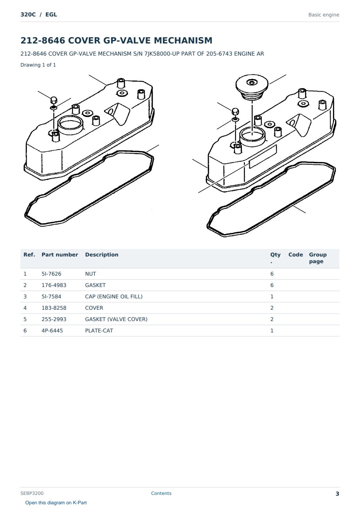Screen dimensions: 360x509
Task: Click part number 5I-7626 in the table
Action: pyautogui.click(x=51, y=274)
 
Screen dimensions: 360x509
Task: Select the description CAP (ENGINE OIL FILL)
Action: pyautogui.click(x=114, y=296)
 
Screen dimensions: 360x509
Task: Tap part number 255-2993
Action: pyautogui.click(x=54, y=319)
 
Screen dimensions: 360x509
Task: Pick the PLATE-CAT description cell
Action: pyautogui.click(x=99, y=330)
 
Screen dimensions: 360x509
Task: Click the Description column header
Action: pyautogui.click(x=102, y=255)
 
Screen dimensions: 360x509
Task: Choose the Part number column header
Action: pyautogui.click(x=60, y=255)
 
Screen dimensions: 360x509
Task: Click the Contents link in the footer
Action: pyautogui.click(x=161, y=493)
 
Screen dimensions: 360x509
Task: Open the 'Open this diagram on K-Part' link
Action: pyautogui.click(x=56, y=503)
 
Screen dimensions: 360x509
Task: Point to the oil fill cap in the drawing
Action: pyautogui.click(x=252, y=87)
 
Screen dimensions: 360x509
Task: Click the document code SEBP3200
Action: pyautogui.click(x=32, y=493)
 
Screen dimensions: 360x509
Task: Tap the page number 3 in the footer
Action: pyautogui.click(x=337, y=494)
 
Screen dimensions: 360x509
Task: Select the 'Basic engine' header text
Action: pyautogui.click(x=324, y=15)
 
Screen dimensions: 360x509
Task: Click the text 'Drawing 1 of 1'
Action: pyautogui.click(x=38, y=65)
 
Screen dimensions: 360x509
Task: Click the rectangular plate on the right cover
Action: pyautogui.click(x=263, y=156)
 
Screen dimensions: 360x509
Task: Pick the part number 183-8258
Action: pyautogui.click(x=54, y=308)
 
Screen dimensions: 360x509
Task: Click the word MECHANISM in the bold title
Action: pyautogui.click(x=183, y=40)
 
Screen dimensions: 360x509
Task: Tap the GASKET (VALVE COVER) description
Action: pyautogui.click(x=116, y=319)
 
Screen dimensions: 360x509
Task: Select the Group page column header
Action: pyautogui.click(x=318, y=258)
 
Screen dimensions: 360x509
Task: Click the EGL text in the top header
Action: pyautogui.click(x=51, y=14)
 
